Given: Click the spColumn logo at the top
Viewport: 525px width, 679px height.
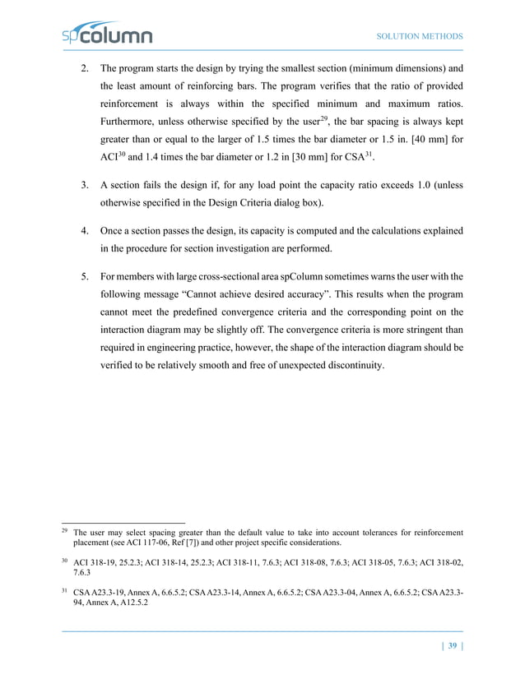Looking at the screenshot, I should click(107, 35).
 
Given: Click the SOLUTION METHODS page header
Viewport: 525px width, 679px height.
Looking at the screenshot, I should click(419, 37).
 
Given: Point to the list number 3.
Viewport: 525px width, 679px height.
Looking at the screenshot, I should click(85, 186).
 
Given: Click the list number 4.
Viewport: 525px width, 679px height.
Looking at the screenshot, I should click(85, 232).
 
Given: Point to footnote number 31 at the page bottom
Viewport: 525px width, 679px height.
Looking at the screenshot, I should click(66, 589).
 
